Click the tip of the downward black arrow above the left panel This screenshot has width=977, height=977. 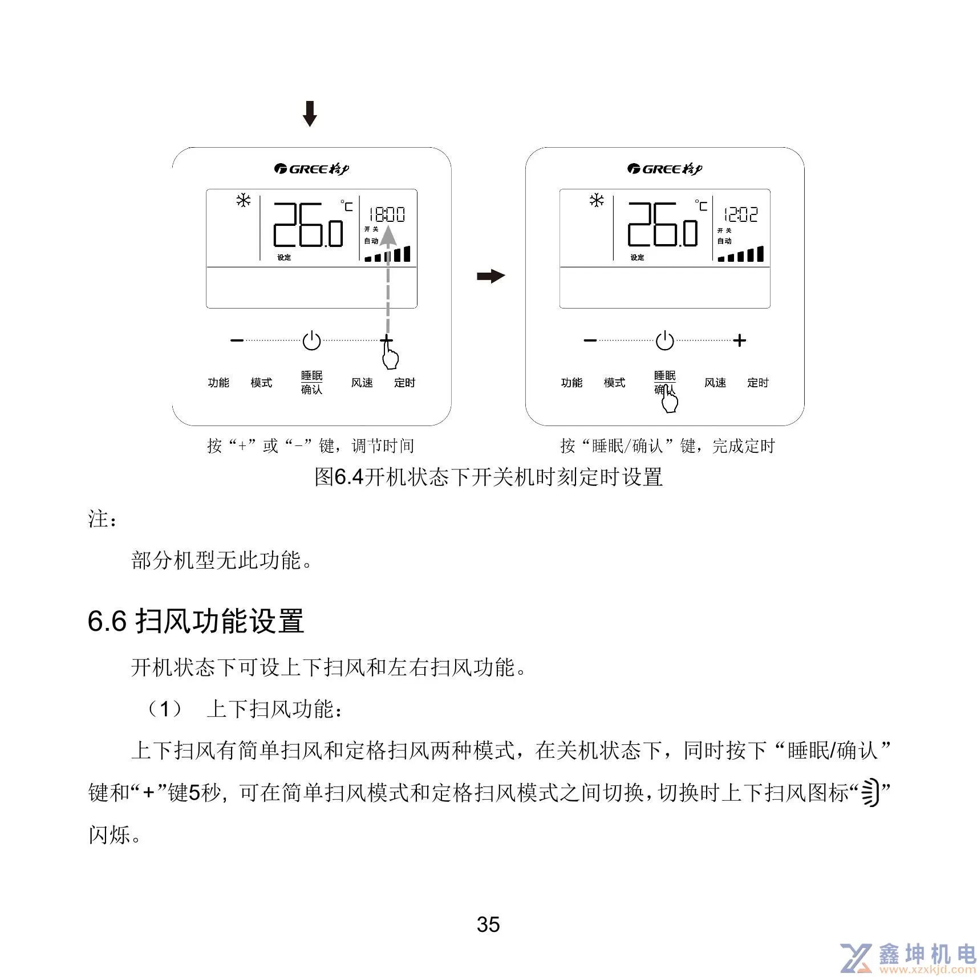point(310,126)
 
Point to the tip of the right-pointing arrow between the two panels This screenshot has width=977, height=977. point(505,277)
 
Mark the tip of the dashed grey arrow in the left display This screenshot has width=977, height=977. point(388,226)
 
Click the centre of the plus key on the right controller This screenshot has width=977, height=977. point(740,340)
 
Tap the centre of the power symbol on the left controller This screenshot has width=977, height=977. point(311,341)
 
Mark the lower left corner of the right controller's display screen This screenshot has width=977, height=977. point(560,308)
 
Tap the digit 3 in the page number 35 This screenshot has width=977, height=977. point(483,925)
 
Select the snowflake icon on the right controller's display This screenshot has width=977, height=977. point(597,200)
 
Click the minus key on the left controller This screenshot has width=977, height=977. point(237,340)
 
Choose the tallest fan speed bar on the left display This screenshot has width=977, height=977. point(407,254)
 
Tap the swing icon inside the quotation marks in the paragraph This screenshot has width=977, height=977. point(869,792)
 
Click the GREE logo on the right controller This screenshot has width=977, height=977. point(664,169)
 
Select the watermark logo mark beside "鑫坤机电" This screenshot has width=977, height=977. point(857,958)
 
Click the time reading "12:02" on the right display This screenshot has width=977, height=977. point(741,214)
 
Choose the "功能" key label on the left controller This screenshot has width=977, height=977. point(218,383)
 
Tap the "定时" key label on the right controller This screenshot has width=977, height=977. point(758,383)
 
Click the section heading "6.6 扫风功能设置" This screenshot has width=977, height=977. point(196,621)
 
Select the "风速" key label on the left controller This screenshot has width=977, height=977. point(362,383)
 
